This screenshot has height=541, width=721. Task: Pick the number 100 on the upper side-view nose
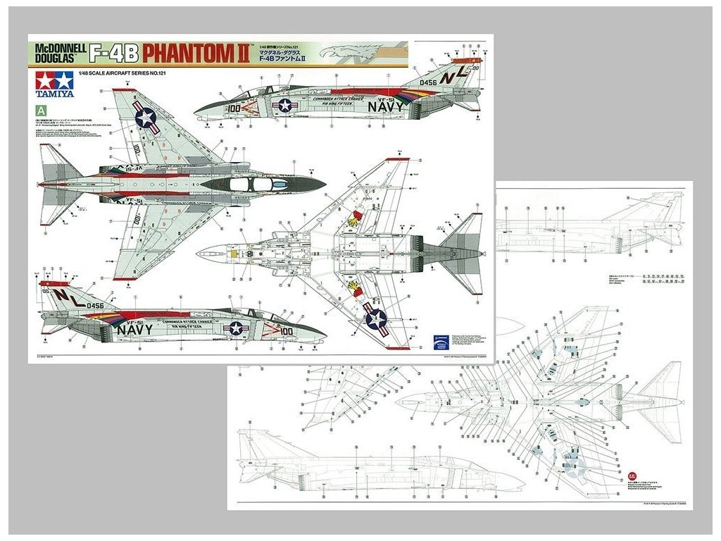[232, 109]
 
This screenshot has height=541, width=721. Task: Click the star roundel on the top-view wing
[146, 118]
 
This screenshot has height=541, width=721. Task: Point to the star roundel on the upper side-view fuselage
[285, 106]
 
